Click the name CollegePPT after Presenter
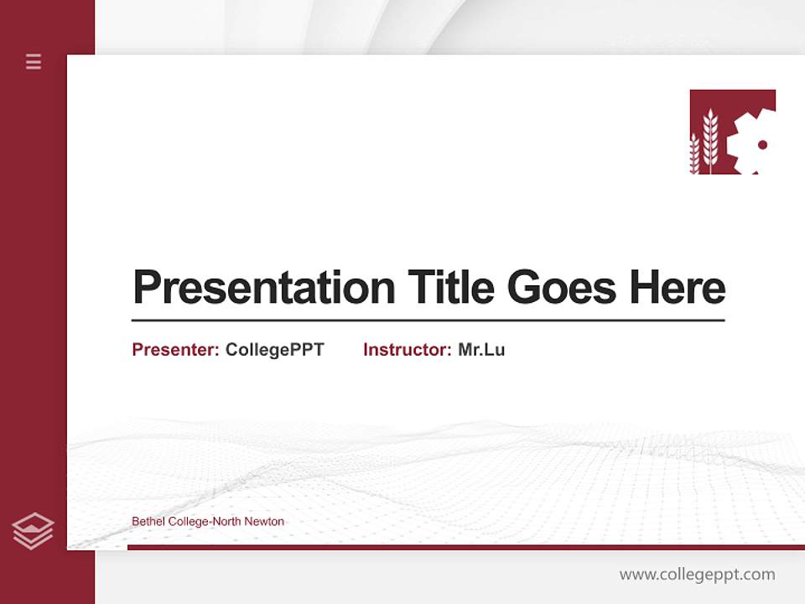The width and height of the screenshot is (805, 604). click(274, 350)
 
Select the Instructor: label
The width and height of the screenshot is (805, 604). click(408, 350)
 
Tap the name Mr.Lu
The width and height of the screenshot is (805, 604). click(481, 350)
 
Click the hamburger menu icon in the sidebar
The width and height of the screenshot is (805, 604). click(34, 61)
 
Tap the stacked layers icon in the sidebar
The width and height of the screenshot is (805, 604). click(33, 531)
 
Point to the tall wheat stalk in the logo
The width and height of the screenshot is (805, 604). click(710, 141)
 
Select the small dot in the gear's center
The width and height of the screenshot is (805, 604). click(762, 145)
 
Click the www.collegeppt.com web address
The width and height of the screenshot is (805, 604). click(697, 575)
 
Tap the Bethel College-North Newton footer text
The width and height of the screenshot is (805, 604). click(208, 522)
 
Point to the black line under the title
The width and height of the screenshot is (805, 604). click(428, 320)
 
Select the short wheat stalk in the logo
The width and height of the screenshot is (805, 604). click(694, 155)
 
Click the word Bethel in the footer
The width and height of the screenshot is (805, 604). click(148, 522)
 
